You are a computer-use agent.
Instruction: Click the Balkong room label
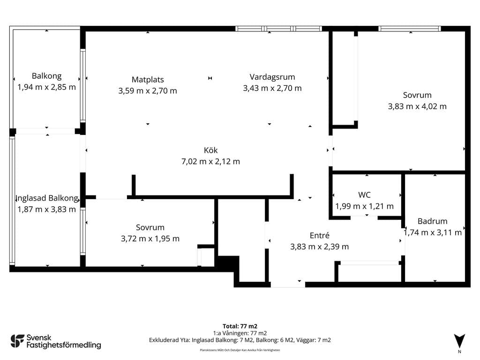[x=46, y=76]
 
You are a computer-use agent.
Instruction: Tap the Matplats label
[x=148, y=80]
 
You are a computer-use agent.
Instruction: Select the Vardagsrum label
[x=272, y=77]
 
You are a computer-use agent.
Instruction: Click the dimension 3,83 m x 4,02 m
[x=417, y=106]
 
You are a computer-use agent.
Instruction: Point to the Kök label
[x=210, y=150]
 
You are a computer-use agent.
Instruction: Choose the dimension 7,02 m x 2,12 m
[x=210, y=161]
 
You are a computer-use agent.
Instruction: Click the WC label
[x=364, y=195]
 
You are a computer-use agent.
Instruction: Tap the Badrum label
[x=432, y=221]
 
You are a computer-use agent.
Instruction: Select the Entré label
[x=320, y=235]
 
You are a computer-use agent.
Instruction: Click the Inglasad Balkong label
[x=47, y=198]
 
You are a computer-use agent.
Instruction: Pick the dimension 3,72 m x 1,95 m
[x=150, y=239]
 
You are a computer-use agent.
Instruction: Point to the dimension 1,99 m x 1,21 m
[x=364, y=206]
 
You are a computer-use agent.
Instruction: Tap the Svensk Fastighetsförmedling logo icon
[x=17, y=341]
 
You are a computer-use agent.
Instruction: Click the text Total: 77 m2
[x=240, y=326]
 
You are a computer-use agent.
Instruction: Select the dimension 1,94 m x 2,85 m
[x=46, y=87]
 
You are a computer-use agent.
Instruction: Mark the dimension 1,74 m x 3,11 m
[x=432, y=232]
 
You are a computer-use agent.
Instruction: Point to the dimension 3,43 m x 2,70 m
[x=272, y=88]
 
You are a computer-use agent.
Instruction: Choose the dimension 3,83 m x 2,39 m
[x=320, y=247]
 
